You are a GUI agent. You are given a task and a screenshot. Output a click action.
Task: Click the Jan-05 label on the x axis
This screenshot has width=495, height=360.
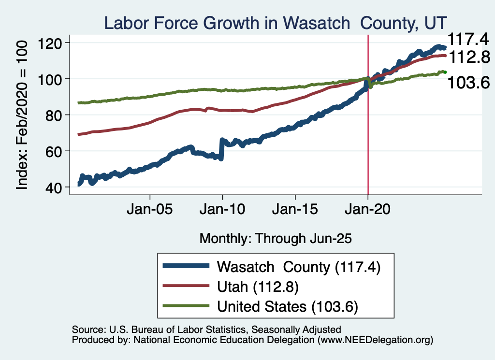150,211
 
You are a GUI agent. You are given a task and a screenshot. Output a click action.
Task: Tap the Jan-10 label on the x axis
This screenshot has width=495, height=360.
222,211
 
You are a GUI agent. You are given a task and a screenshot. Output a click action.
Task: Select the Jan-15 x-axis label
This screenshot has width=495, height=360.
295,211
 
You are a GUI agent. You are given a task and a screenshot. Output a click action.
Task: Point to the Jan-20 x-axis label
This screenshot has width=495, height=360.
368,211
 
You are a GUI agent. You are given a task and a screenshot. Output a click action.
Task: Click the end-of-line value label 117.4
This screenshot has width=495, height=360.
466,39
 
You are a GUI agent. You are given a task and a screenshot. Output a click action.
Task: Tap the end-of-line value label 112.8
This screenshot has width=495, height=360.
466,58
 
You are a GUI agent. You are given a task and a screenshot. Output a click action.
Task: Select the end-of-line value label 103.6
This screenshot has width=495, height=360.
466,83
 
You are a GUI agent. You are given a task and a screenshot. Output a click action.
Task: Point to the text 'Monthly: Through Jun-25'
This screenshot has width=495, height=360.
275,238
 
